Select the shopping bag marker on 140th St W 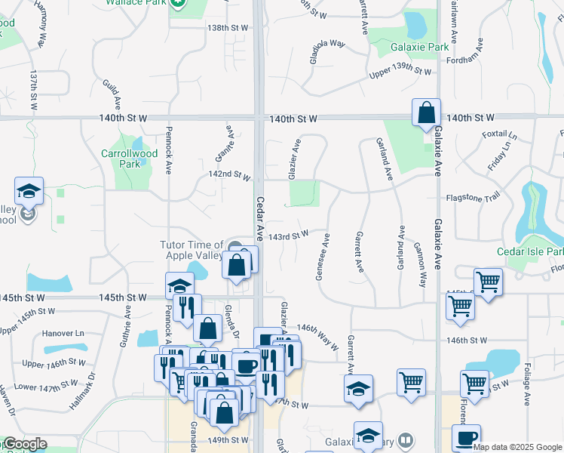(x=426, y=112)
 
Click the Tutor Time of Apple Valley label (x=192, y=249)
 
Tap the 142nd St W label (x=230, y=175)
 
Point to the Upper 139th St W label (x=400, y=72)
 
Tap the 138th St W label (x=227, y=28)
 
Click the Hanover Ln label (x=64, y=332)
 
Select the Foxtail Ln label (x=500, y=136)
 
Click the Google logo (x=24, y=444)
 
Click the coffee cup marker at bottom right (x=466, y=439)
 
